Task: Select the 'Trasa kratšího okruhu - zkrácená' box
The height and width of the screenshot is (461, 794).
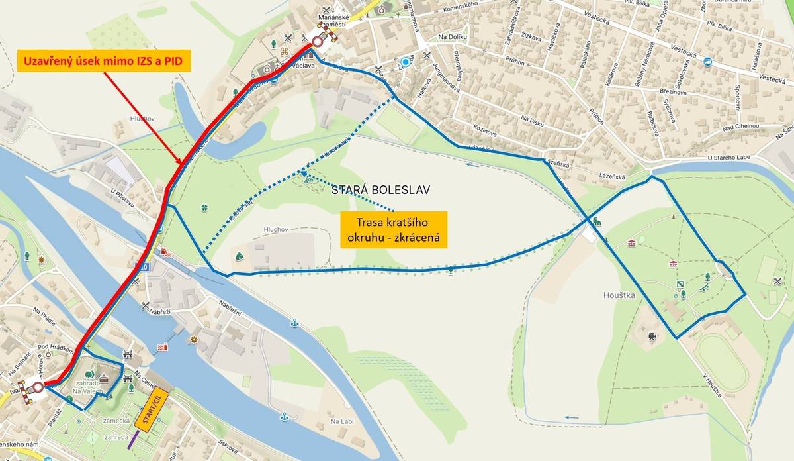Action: (x=394, y=230)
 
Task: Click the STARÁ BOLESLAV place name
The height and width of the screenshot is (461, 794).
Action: (x=380, y=189)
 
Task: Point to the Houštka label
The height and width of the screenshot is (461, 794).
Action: (x=619, y=295)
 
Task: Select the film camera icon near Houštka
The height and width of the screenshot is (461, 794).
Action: (x=653, y=336)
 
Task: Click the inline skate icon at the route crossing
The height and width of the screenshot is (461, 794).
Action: (x=597, y=221)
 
